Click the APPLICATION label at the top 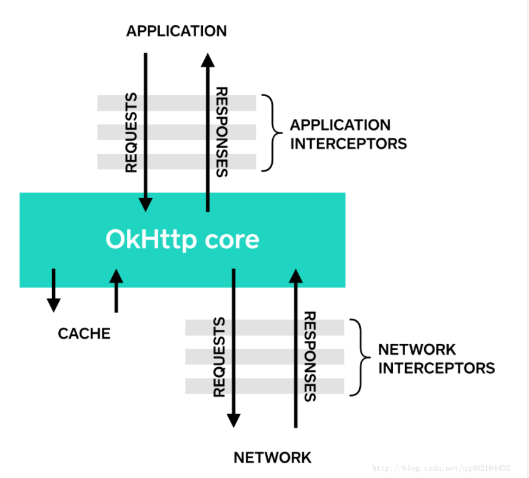click(x=177, y=31)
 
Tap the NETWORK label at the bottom click(x=272, y=457)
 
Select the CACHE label click(x=84, y=333)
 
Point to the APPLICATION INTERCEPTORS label click(x=348, y=134)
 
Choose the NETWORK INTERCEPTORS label click(x=436, y=358)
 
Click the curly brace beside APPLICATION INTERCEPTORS click(x=267, y=132)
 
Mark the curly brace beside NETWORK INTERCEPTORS click(x=355, y=357)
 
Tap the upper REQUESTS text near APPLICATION click(x=131, y=132)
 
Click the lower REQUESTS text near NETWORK click(x=219, y=357)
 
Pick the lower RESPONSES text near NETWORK click(x=310, y=356)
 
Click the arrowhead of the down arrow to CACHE click(x=54, y=305)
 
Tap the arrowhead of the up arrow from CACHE click(x=116, y=276)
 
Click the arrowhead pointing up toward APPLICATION click(x=208, y=59)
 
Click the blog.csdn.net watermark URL click(x=441, y=468)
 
